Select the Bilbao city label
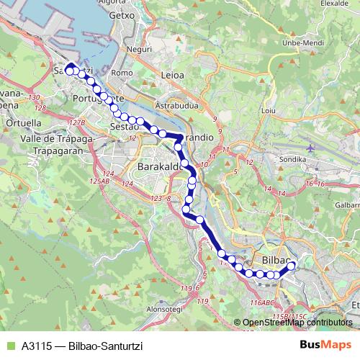pos(276,258)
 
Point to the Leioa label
pos(173,74)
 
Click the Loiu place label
pos(269,111)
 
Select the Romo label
pos(122,73)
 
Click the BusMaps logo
pos(325,346)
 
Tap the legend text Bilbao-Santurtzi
pos(101,346)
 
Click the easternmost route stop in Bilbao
pos(292,266)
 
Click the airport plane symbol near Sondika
pos(310,148)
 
